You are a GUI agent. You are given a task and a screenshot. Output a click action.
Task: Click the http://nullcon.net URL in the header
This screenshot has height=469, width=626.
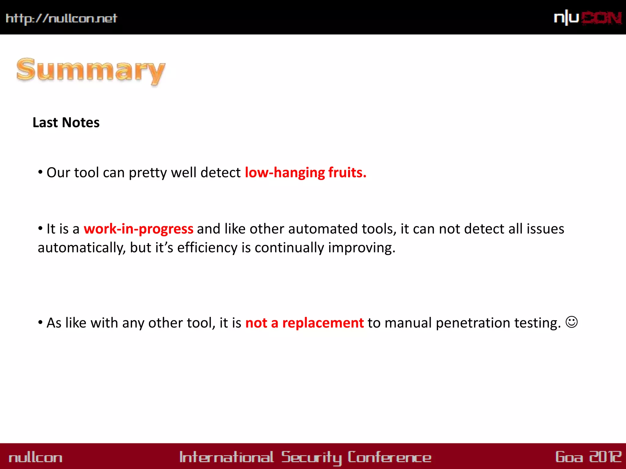(x=61, y=18)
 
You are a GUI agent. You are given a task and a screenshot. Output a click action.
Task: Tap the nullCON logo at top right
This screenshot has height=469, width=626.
(x=587, y=18)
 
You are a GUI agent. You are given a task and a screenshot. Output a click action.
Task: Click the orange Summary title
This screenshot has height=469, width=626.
(x=91, y=71)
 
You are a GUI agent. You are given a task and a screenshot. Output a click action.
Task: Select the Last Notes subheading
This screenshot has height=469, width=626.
(x=66, y=122)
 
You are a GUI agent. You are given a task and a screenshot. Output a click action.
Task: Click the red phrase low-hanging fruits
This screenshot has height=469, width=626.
(x=305, y=173)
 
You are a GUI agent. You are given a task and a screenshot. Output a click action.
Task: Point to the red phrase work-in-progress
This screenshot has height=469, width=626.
(x=138, y=229)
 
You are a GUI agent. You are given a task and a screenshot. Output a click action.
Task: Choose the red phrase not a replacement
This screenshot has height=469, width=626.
(x=304, y=323)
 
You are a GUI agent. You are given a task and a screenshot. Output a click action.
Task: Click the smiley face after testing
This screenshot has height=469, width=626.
(x=571, y=322)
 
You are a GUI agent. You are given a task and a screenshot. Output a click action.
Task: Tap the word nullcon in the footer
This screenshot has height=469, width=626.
(x=35, y=457)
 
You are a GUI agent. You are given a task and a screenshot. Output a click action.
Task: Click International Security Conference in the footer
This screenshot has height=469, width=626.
(x=305, y=457)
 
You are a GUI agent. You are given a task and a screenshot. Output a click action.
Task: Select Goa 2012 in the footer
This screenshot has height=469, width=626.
(x=588, y=457)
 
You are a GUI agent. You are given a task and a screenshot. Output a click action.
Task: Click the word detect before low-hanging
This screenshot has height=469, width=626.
(x=220, y=173)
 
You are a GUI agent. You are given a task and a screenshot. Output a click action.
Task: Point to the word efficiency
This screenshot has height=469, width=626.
(x=207, y=248)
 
